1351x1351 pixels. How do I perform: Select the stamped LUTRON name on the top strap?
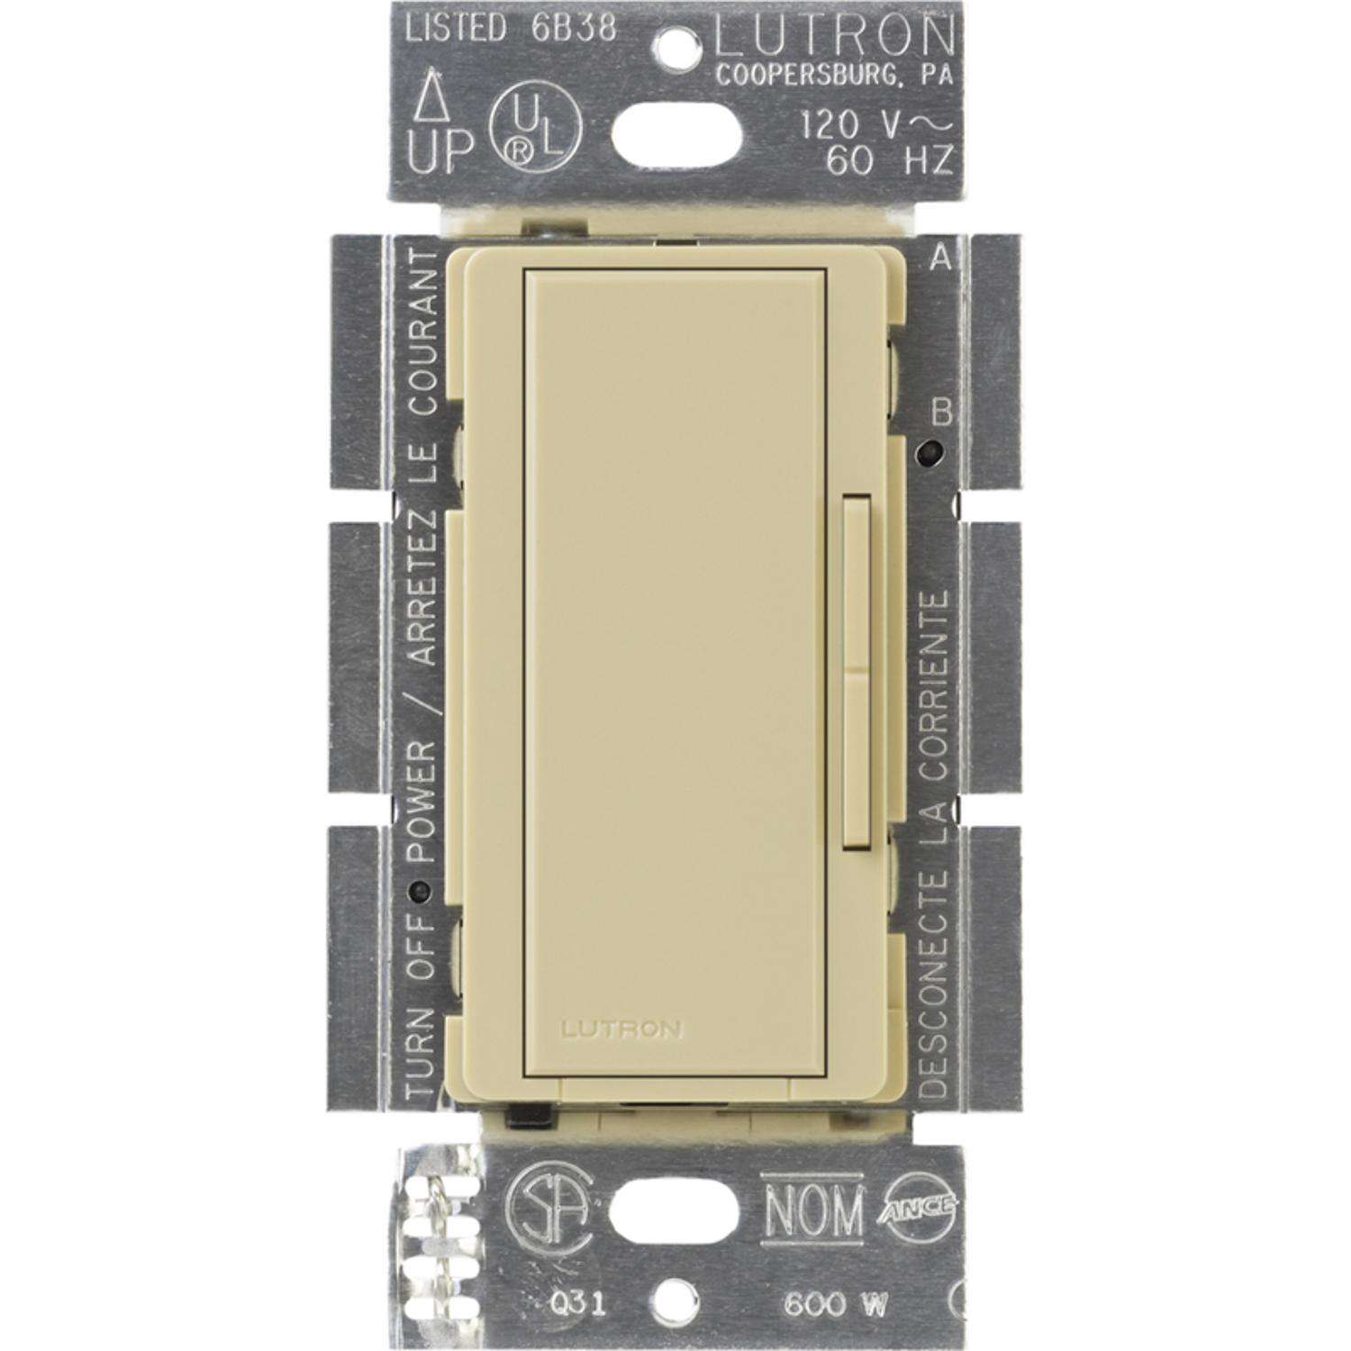(833, 36)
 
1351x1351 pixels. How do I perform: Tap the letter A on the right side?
(939, 260)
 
